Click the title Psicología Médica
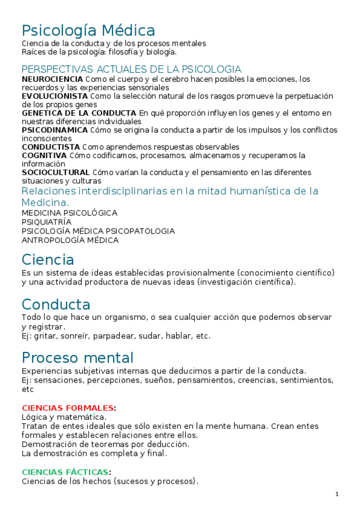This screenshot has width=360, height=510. point(88,30)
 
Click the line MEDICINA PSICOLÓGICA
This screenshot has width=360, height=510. point(69,213)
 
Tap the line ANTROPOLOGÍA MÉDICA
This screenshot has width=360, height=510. point(70,240)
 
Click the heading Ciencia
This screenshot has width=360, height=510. point(47,260)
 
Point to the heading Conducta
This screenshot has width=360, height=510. point(56,304)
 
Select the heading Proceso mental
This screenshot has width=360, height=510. point(78,358)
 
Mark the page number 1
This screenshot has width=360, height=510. point(337,494)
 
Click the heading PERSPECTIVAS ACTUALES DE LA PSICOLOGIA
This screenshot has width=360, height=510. point(131,69)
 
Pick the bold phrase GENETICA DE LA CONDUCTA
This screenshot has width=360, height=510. point(79,112)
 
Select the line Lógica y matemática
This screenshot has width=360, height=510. point(64,416)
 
